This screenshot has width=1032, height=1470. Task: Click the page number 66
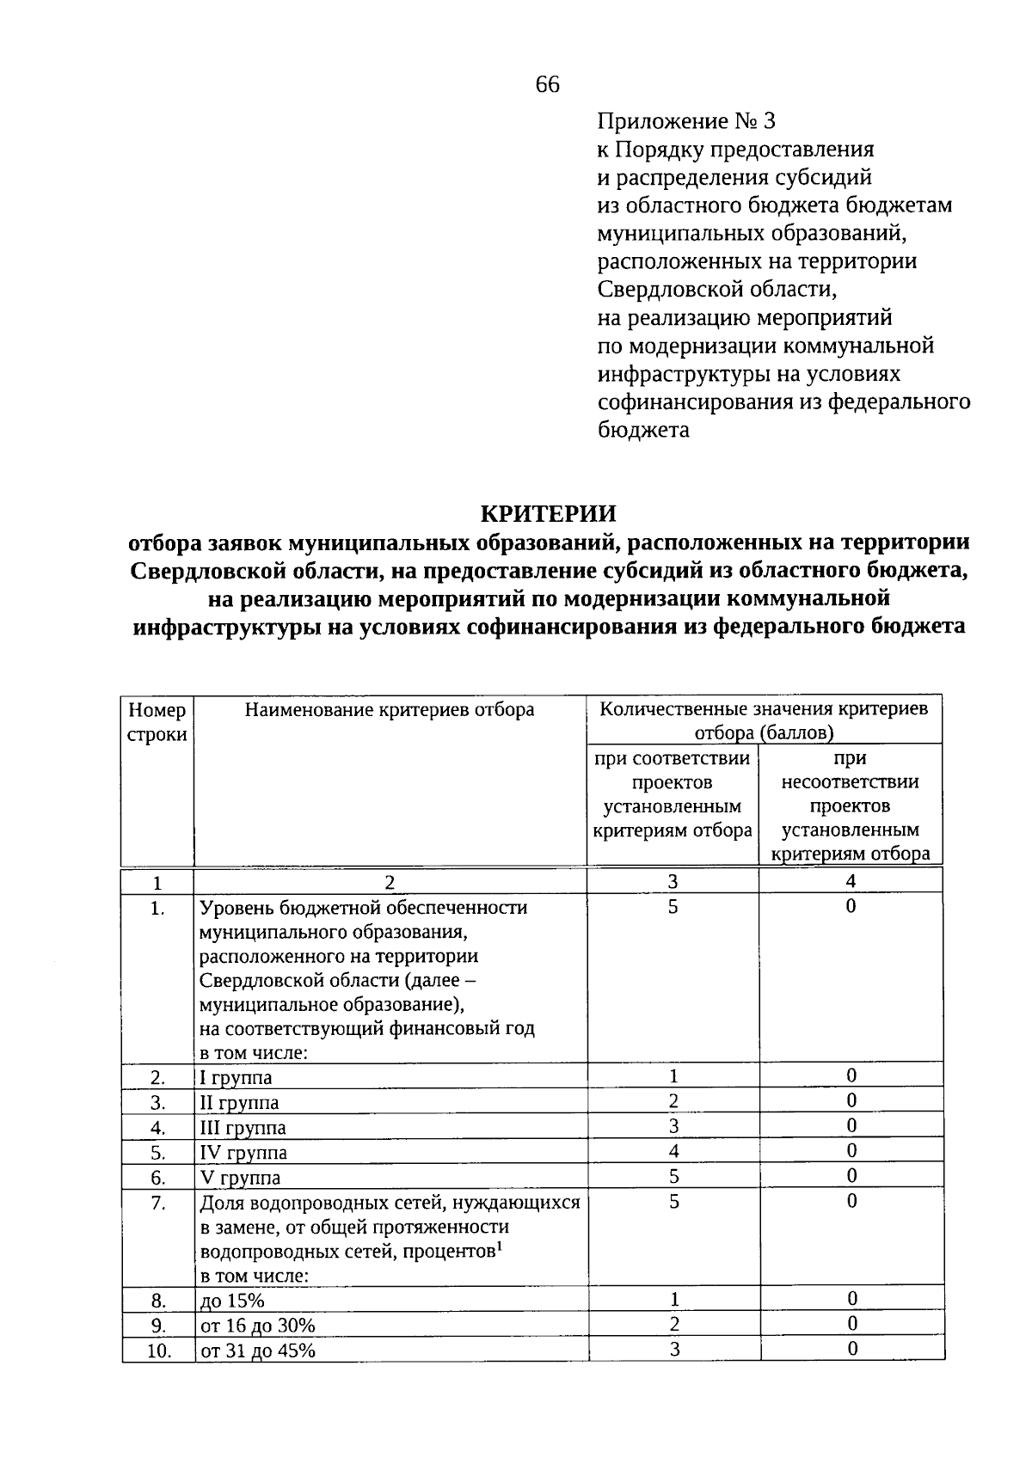click(547, 84)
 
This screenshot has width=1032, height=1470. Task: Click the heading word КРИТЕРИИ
click(548, 513)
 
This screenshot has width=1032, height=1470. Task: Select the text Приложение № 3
click(679, 121)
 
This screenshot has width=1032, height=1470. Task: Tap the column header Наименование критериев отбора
click(390, 710)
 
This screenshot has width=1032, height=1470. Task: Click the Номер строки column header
click(157, 722)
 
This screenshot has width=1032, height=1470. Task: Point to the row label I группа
click(236, 1077)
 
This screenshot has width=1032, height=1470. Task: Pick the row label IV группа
click(243, 1152)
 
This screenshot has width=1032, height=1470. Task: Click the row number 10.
click(157, 1351)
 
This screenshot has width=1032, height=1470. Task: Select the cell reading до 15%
click(232, 1301)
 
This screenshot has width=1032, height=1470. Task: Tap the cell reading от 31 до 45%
click(258, 1351)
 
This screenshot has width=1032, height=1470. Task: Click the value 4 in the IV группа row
click(673, 1150)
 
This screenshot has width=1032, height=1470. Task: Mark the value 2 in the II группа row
click(673, 1100)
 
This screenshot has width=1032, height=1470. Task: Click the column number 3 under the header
click(673, 881)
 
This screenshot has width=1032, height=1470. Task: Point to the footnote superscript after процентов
click(500, 1246)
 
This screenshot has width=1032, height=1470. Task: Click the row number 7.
click(157, 1203)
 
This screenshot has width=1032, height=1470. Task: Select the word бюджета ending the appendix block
click(643, 430)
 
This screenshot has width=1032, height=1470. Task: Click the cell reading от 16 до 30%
click(258, 1326)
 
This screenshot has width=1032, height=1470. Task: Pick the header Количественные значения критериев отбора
click(764, 720)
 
